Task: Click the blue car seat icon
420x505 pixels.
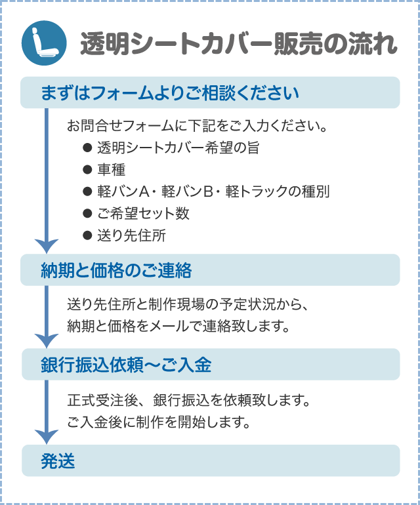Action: [x=45, y=43]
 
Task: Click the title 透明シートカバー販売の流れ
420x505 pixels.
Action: [x=238, y=45]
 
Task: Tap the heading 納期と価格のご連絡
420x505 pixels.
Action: [x=116, y=270]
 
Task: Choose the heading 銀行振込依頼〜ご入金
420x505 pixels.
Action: [x=126, y=365]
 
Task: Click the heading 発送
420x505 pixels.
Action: [x=58, y=461]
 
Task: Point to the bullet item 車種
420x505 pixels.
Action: [x=111, y=170]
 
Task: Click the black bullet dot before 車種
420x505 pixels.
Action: [x=87, y=170]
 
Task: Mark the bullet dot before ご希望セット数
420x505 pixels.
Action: [x=87, y=214]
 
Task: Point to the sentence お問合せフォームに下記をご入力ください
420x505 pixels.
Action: [x=197, y=125]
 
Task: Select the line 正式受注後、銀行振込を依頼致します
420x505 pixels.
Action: [x=188, y=399]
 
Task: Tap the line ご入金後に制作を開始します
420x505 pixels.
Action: [x=159, y=421]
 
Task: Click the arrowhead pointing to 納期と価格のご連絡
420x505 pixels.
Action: [x=47, y=245]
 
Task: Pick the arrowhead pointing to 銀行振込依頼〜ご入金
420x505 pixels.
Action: [x=47, y=340]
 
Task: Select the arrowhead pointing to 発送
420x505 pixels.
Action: [x=47, y=436]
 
